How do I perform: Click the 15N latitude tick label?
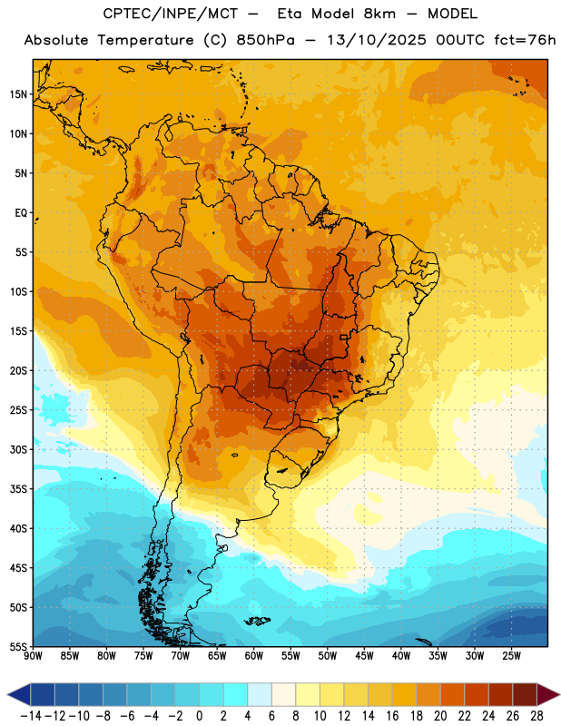pyautogui.click(x=18, y=94)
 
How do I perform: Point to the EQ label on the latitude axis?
pyautogui.click(x=21, y=213)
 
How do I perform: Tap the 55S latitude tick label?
pyautogui.click(x=18, y=647)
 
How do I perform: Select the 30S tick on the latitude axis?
pyautogui.click(x=18, y=449)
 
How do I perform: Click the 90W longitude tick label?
pyautogui.click(x=34, y=656)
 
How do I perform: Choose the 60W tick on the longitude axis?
pyautogui.click(x=254, y=656)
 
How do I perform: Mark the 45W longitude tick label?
pyautogui.click(x=365, y=656)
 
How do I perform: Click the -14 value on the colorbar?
pyautogui.click(x=31, y=716)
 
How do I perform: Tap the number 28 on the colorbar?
pyautogui.click(x=536, y=716)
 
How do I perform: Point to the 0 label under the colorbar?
pyautogui.click(x=200, y=716)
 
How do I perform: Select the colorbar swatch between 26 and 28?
pyautogui.click(x=525, y=694)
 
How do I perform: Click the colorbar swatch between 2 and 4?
pyautogui.click(x=236, y=694)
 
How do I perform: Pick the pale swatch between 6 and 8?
pyautogui.click(x=284, y=694)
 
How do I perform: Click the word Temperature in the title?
pyautogui.click(x=146, y=40)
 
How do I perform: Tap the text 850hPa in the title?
pyautogui.click(x=265, y=40)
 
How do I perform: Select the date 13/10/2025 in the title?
pyautogui.click(x=377, y=40)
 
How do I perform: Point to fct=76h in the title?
pyautogui.click(x=525, y=40)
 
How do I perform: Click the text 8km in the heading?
pyautogui.click(x=379, y=14)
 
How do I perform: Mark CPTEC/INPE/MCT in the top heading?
pyautogui.click(x=171, y=14)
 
